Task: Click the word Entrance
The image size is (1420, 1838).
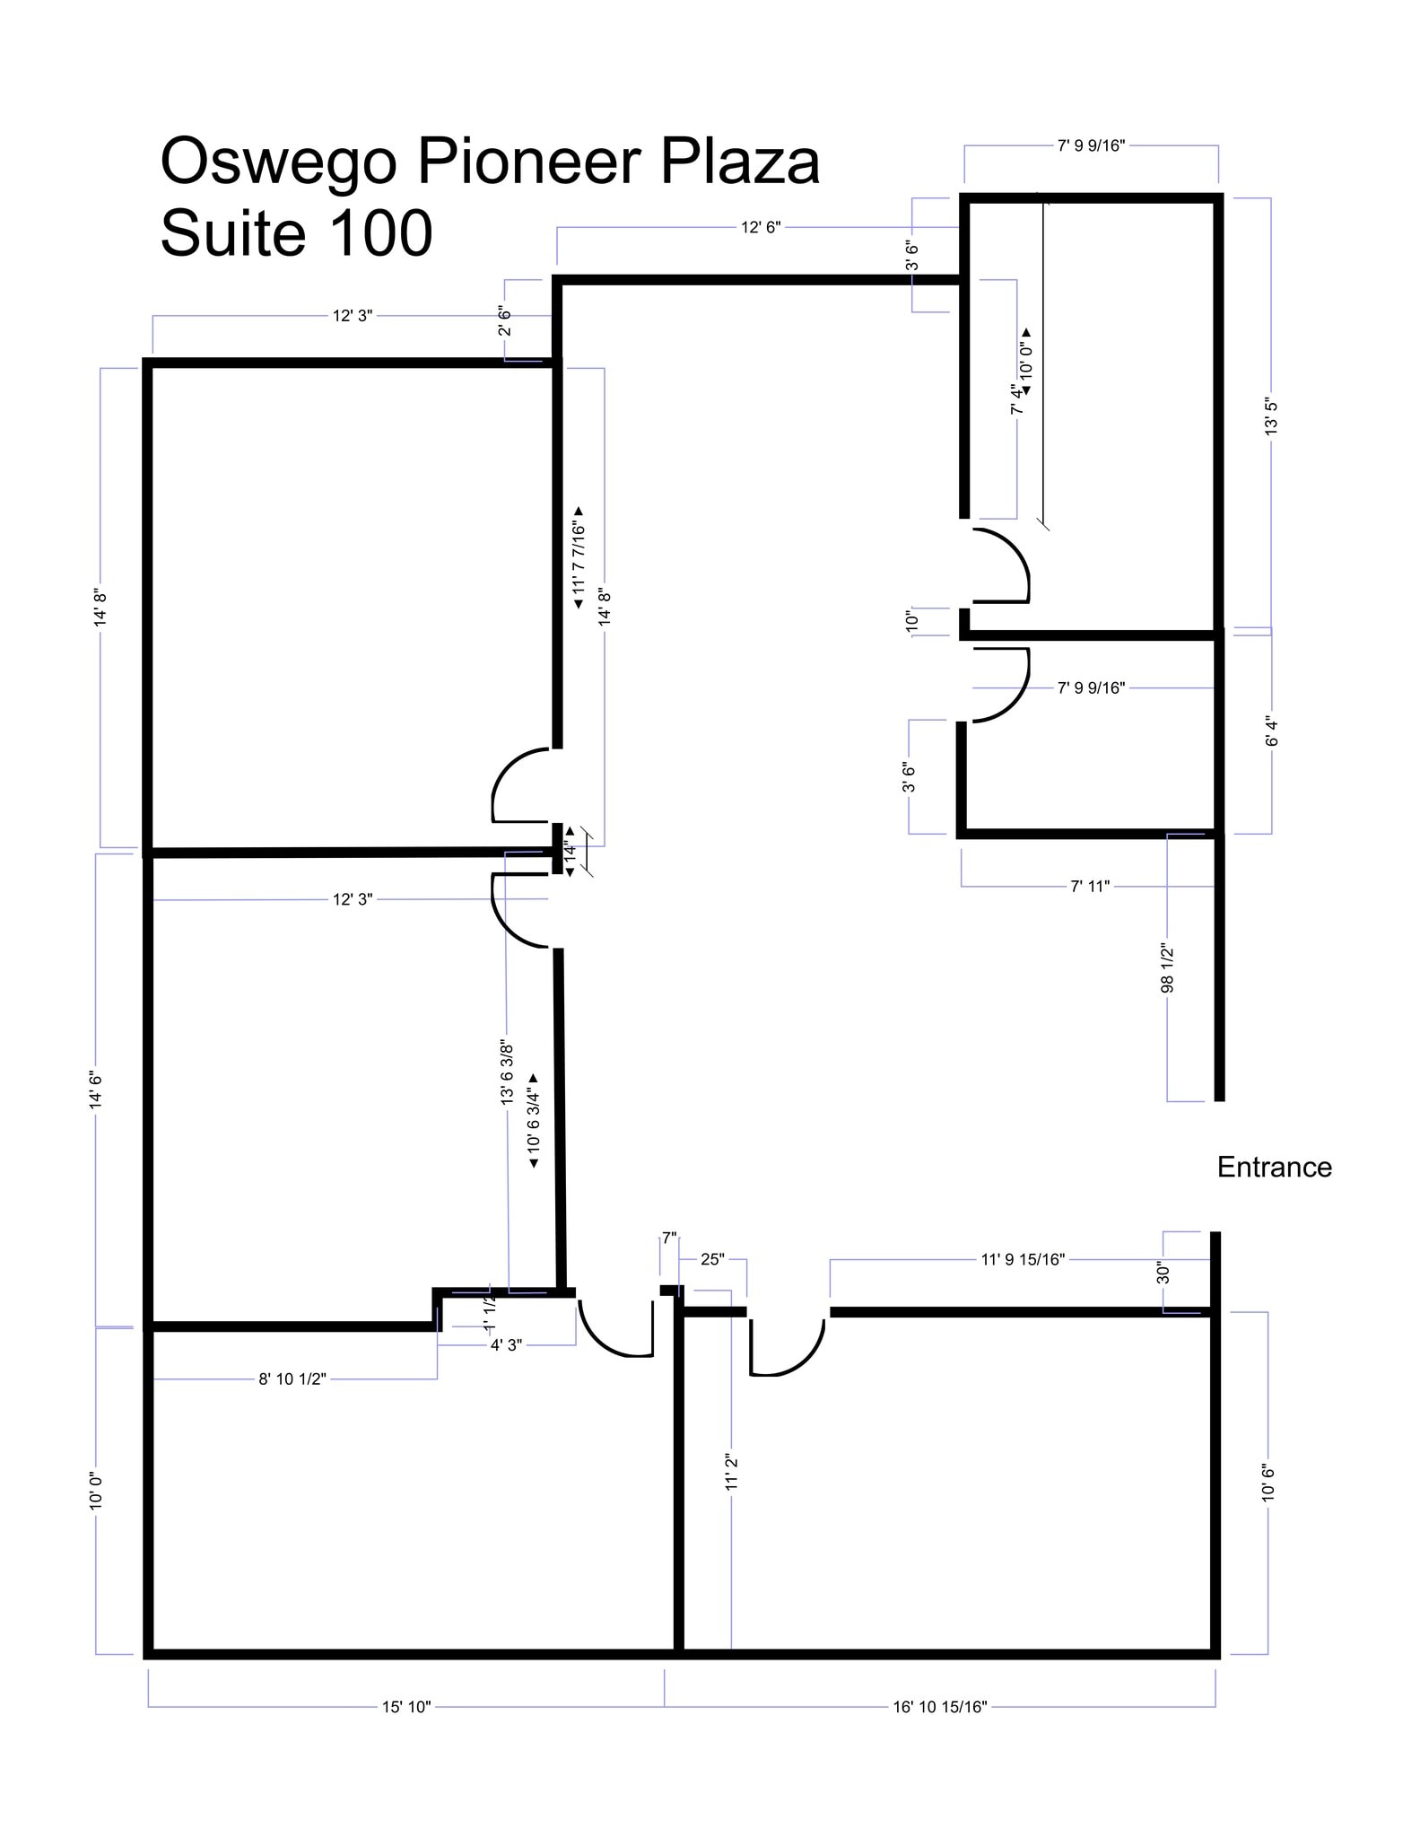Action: [1274, 1167]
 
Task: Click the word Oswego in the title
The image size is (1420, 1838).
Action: [277, 162]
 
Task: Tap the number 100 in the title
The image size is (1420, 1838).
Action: [381, 233]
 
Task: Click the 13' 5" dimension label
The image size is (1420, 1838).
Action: [1270, 415]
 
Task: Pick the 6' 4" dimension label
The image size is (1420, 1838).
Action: [1270, 731]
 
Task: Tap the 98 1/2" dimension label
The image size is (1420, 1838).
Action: [1167, 967]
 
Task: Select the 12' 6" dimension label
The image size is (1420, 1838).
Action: [761, 227]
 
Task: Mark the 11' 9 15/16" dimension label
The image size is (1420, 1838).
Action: [1022, 1259]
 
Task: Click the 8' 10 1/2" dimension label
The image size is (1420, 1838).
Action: [292, 1378]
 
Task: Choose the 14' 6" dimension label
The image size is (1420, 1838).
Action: [96, 1089]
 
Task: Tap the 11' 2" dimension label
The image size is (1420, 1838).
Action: [731, 1473]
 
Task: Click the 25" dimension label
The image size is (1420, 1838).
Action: [712, 1259]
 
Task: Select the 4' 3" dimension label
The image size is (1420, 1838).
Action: [506, 1344]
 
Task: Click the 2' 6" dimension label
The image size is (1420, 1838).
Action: [504, 320]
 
